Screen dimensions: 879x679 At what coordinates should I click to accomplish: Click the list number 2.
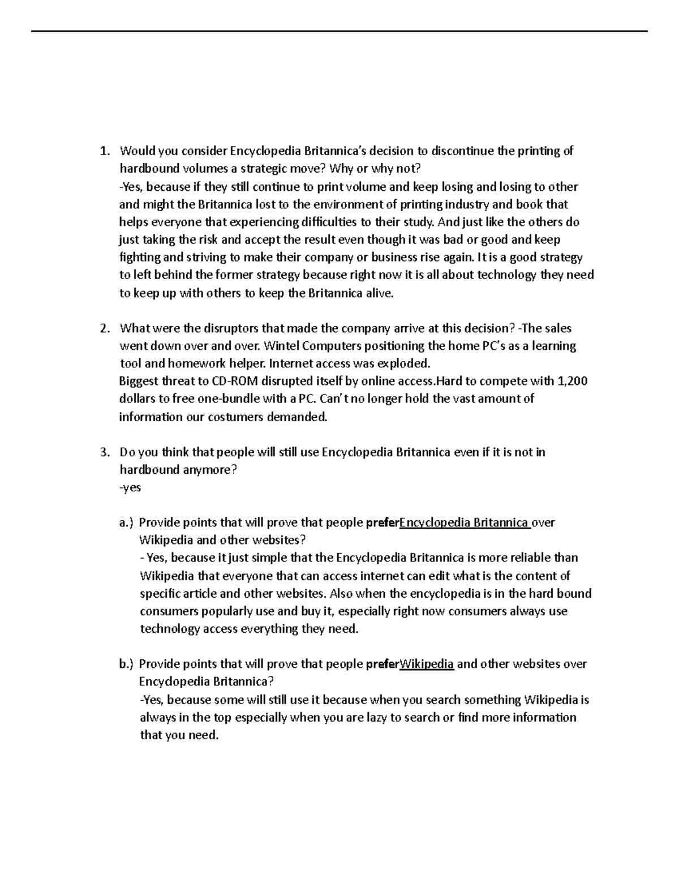pyautogui.click(x=103, y=328)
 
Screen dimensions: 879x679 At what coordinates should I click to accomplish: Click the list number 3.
pyautogui.click(x=103, y=452)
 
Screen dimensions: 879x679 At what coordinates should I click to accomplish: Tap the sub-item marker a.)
pyautogui.click(x=127, y=523)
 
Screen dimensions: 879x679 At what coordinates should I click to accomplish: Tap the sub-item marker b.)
pyautogui.click(x=127, y=664)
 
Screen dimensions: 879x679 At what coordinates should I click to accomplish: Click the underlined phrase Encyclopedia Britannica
pyautogui.click(x=465, y=523)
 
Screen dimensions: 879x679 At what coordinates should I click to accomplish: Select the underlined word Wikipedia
pyautogui.click(x=427, y=664)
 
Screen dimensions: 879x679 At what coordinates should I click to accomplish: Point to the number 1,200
pyautogui.click(x=573, y=381)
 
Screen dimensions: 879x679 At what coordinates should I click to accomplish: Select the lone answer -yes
pyautogui.click(x=130, y=487)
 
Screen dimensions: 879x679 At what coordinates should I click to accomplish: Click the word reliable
pyautogui.click(x=531, y=558)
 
